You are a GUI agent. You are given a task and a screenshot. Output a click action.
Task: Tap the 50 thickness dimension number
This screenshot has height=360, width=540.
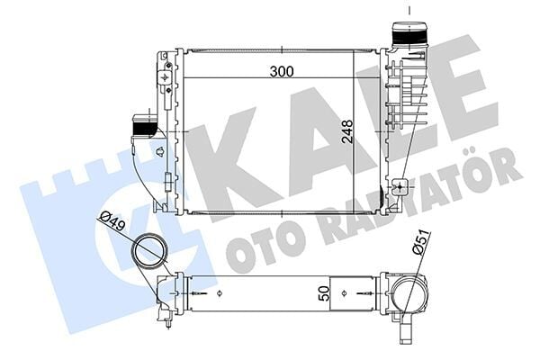[x=323, y=292]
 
